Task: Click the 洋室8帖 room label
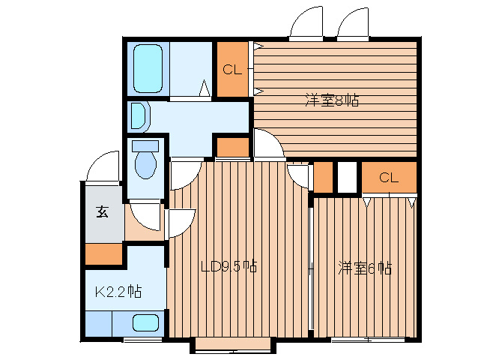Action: (332, 100)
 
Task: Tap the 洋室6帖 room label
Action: (365, 268)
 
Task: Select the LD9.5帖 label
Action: (229, 267)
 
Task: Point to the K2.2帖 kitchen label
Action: (118, 292)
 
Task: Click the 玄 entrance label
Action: (103, 211)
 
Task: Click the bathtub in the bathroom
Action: (148, 69)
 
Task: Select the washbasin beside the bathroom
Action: (139, 116)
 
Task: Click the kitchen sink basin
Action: (145, 322)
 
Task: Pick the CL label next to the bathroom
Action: (232, 70)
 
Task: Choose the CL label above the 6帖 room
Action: (389, 177)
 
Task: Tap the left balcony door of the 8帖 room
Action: (306, 23)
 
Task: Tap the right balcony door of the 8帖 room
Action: (354, 23)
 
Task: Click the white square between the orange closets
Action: (347, 177)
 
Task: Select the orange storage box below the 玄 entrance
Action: (103, 253)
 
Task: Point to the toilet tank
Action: (145, 145)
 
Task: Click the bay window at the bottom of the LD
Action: (233, 345)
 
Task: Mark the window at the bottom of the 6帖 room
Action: (369, 339)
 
